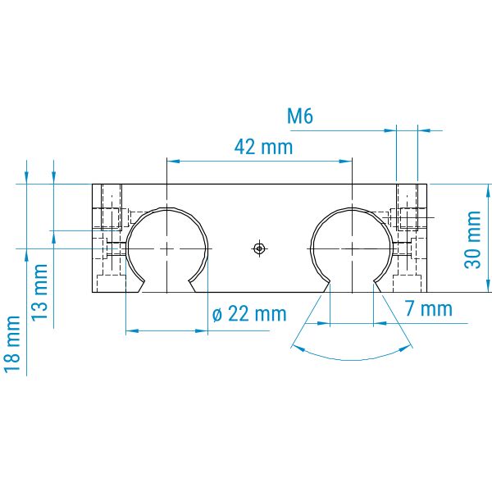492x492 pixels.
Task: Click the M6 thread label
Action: tap(300, 116)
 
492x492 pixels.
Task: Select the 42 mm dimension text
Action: tap(263, 147)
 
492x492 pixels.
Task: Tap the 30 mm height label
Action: tap(472, 239)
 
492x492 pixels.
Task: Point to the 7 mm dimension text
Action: tap(429, 309)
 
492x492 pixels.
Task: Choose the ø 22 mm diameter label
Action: tap(249, 314)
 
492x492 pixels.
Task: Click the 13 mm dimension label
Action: tap(40, 292)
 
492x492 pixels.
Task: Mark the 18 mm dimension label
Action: tap(12, 344)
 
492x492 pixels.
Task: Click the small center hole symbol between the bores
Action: tap(259, 248)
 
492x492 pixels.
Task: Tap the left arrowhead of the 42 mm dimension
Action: tap(173, 162)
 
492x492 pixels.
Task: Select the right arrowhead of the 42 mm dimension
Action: tap(346, 162)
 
